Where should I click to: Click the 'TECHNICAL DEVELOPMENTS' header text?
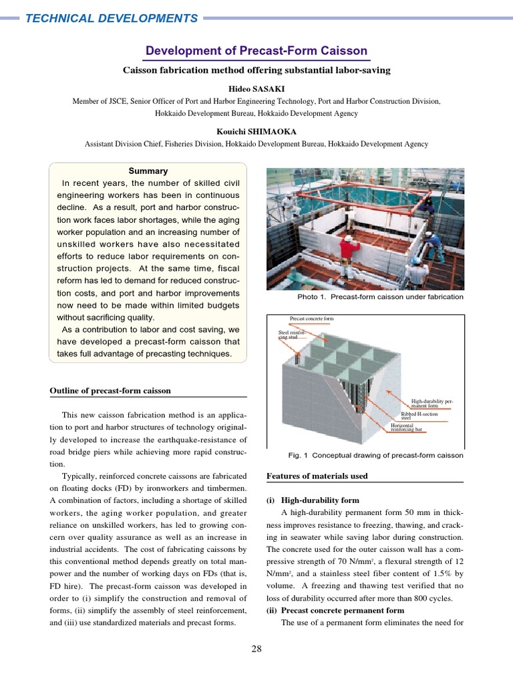tap(112, 18)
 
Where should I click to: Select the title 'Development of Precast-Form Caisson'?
tap(256, 51)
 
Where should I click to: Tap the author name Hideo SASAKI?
tap(256, 88)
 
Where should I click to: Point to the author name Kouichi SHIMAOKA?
tap(256, 132)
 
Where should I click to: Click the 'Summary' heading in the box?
tap(148, 171)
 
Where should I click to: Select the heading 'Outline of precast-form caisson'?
tap(110, 391)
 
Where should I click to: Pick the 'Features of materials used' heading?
tap(317, 476)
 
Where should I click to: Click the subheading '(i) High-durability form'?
tap(313, 500)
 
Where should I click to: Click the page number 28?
tap(256, 648)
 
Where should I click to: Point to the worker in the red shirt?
tap(348, 252)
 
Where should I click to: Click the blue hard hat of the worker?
tap(415, 260)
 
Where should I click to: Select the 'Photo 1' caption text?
tap(380, 297)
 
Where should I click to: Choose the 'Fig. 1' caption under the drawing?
tap(375, 456)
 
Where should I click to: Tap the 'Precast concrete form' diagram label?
tap(311, 319)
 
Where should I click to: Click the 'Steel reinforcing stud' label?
tap(291, 334)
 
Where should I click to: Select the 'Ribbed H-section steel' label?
tap(419, 415)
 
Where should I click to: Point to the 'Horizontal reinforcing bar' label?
tap(407, 427)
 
